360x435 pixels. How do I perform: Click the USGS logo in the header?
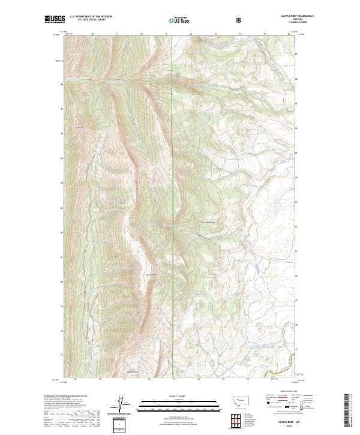pyautogui.click(x=55, y=20)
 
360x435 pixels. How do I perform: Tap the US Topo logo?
pyautogui.click(x=179, y=20)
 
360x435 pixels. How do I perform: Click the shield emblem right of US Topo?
pyautogui.click(x=240, y=20)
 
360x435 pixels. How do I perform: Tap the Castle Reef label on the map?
pyautogui.click(x=151, y=275)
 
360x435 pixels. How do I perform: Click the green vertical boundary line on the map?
pyautogui.click(x=173, y=180)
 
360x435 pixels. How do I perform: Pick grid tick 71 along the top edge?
pyautogui.click(x=117, y=34)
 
